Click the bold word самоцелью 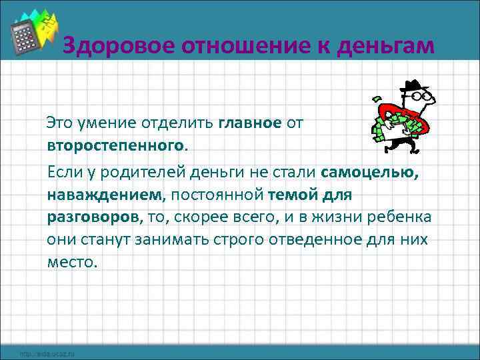click(370, 173)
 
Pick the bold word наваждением click(104, 195)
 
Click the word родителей click(143, 173)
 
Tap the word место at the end click(72, 262)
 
